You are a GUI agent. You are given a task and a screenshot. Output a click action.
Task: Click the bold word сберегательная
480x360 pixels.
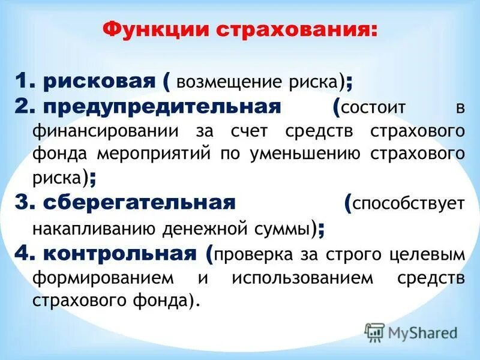point(140,202)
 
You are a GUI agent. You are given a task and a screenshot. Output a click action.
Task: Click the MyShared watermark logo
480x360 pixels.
point(411,332)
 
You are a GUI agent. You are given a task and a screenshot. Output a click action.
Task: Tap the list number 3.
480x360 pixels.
point(22,202)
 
